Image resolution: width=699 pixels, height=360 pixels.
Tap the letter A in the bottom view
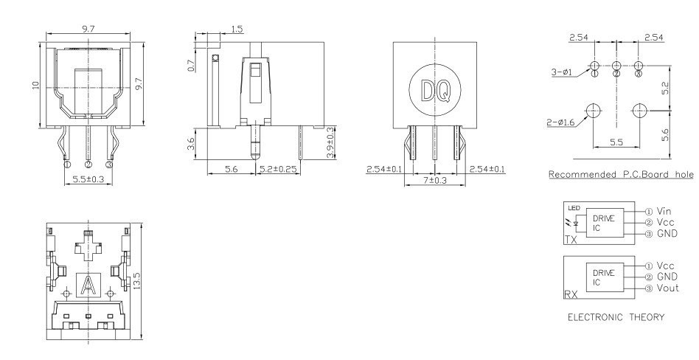pyautogui.click(x=88, y=285)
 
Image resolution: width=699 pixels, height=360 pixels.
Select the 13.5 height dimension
pyautogui.click(x=137, y=280)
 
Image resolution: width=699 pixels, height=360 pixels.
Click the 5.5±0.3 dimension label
pyautogui.click(x=88, y=179)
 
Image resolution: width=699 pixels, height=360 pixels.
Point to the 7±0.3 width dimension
pyautogui.click(x=434, y=180)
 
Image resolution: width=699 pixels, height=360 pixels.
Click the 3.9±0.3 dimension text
pyautogui.click(x=330, y=143)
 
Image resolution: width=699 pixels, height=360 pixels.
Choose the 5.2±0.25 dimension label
pyautogui.click(x=279, y=169)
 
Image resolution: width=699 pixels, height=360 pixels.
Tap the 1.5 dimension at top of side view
pyautogui.click(x=237, y=30)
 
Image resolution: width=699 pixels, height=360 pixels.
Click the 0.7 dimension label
pyautogui.click(x=192, y=66)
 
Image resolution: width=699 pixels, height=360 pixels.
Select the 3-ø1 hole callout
pyautogui.click(x=562, y=72)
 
